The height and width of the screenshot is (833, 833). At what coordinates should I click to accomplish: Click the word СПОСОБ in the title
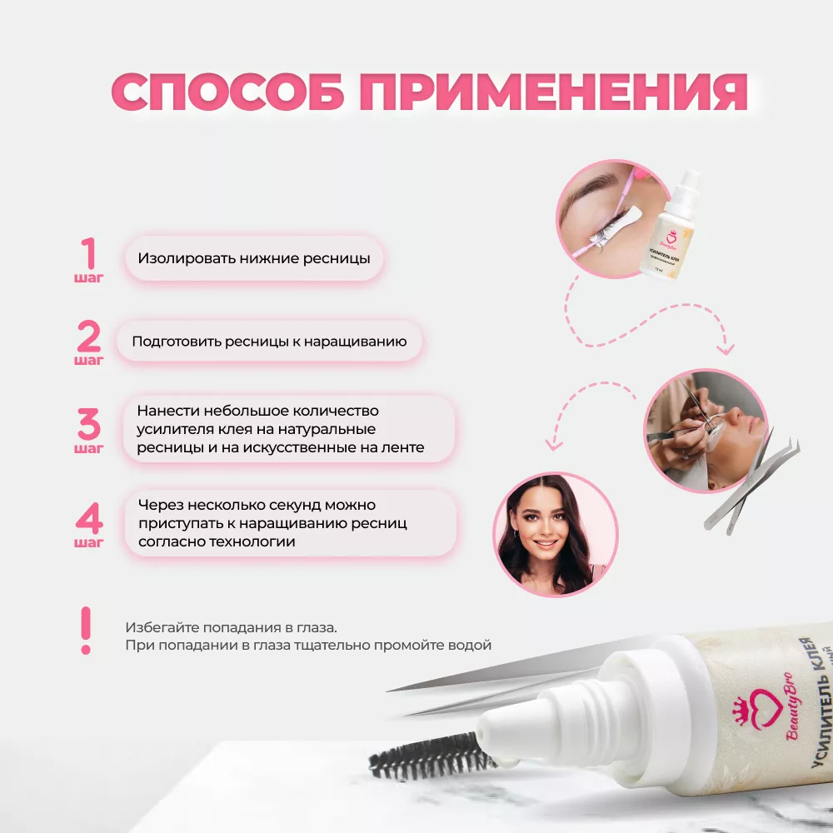click(227, 92)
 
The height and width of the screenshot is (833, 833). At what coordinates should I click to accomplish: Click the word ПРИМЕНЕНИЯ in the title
click(554, 92)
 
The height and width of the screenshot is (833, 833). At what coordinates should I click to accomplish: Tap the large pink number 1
click(89, 253)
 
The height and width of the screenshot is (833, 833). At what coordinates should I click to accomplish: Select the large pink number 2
click(89, 336)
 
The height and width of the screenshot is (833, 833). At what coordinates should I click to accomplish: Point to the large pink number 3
click(89, 424)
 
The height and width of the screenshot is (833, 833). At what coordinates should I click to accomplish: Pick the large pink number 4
click(89, 518)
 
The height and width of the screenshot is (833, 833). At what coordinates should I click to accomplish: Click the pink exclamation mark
click(86, 631)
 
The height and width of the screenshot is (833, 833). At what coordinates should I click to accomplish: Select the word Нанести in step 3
click(168, 411)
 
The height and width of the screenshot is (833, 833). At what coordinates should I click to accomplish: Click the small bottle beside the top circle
click(669, 225)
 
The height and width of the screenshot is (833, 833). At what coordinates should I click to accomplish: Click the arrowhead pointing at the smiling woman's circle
click(554, 442)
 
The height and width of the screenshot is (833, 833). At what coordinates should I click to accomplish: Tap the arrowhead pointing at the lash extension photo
click(726, 348)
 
